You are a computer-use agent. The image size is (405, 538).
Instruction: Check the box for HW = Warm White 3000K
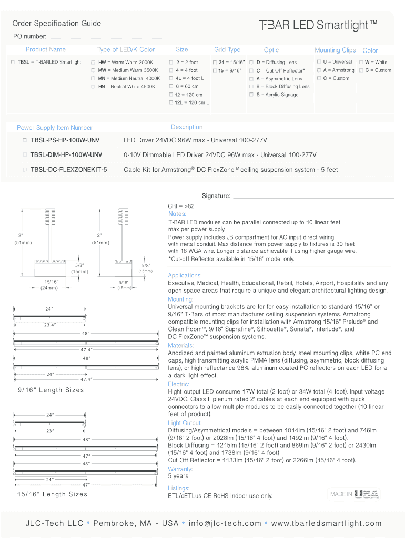click(93, 63)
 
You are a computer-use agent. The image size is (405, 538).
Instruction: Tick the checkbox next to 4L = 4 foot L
click(171, 78)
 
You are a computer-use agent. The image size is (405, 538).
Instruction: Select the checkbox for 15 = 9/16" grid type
click(215, 71)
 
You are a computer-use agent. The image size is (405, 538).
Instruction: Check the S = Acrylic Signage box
click(251, 95)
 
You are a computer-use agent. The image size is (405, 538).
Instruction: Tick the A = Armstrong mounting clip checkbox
click(319, 70)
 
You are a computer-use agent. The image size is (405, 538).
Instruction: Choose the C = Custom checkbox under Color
click(361, 70)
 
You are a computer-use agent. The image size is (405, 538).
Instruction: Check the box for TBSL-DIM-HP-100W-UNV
click(24, 155)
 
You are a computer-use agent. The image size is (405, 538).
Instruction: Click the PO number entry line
click(107, 39)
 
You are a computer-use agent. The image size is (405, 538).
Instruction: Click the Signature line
click(313, 198)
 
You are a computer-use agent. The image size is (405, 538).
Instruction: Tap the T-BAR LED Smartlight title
click(318, 25)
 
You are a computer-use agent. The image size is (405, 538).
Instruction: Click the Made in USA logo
click(354, 494)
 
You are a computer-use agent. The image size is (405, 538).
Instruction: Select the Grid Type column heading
click(227, 50)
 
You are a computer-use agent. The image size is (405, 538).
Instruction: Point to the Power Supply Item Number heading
click(54, 128)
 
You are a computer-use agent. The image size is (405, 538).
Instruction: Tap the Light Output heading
click(185, 423)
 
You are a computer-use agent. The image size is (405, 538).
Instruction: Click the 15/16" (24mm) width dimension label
click(50, 285)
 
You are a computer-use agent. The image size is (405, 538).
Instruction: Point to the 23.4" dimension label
click(49, 325)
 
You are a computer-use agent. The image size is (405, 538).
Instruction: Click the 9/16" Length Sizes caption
click(51, 390)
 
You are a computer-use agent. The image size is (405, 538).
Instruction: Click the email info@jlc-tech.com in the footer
click(225, 523)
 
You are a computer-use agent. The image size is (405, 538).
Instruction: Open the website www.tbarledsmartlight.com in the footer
click(326, 523)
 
